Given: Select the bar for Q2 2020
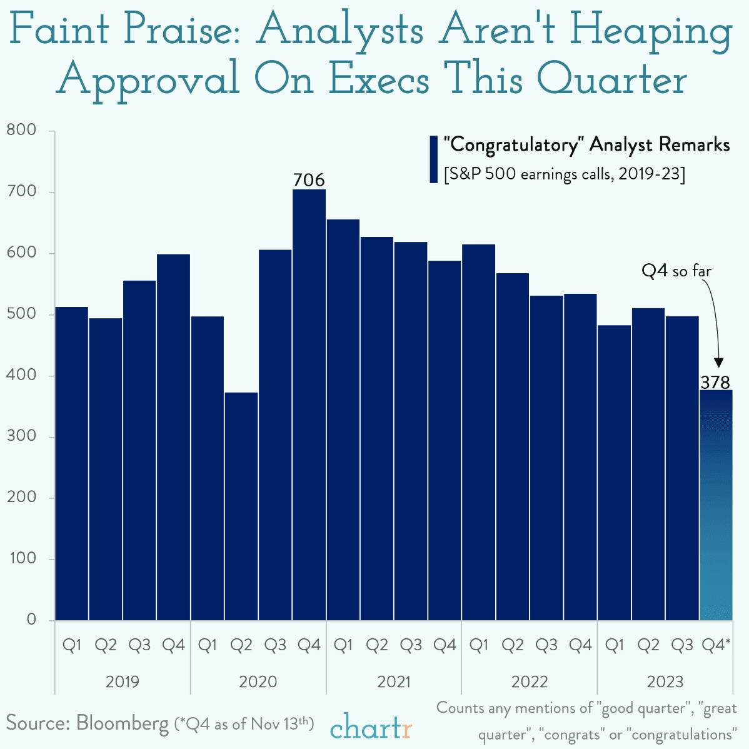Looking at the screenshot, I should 241,506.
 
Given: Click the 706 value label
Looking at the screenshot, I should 309,180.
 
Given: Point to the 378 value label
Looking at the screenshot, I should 715,381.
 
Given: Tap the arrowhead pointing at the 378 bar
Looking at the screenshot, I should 718,363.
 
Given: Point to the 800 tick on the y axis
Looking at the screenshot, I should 22,130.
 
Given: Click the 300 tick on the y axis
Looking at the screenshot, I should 22,436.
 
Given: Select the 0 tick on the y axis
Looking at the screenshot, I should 31,620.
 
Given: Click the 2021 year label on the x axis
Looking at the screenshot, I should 394,681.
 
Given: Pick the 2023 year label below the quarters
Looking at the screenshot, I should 665,681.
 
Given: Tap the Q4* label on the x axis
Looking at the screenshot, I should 716,645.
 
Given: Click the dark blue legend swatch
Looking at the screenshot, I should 433,159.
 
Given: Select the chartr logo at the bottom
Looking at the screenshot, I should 371,727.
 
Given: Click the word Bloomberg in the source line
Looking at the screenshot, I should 123,723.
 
